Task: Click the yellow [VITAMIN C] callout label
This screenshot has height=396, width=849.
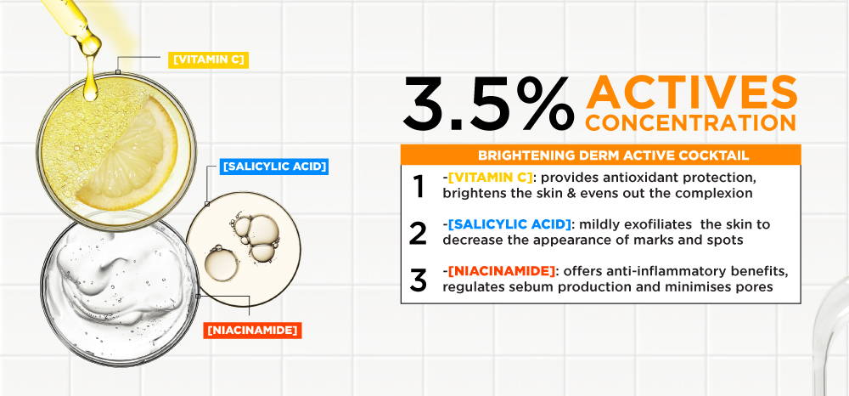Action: click(x=209, y=59)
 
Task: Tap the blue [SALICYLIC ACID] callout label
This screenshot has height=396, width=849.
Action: click(x=275, y=167)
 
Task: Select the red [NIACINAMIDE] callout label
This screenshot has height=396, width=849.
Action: click(x=252, y=330)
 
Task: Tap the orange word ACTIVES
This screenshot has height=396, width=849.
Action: click(x=691, y=92)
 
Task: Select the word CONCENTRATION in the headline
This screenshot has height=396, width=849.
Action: click(x=690, y=122)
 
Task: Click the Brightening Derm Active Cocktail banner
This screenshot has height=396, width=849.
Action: click(x=600, y=155)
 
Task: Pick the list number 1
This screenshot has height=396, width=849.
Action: click(x=419, y=186)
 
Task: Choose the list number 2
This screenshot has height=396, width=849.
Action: click(x=418, y=233)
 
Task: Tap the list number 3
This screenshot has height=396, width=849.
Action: click(x=418, y=280)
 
